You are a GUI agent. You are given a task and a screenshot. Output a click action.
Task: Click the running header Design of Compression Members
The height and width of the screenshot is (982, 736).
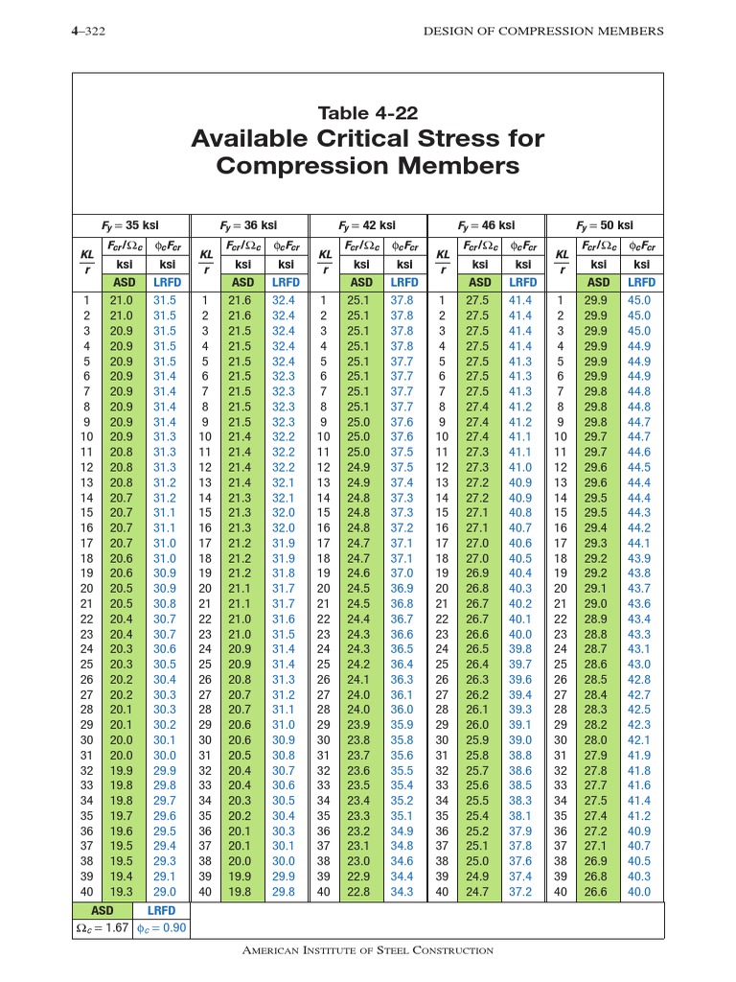coord(543,32)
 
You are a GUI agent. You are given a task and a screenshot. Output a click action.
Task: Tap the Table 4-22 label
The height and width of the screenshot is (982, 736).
coord(368,113)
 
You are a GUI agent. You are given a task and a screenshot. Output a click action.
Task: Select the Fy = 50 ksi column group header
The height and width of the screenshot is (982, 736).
coord(606,225)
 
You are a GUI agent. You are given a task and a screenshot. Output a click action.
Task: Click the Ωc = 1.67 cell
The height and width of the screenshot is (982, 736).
coord(103,929)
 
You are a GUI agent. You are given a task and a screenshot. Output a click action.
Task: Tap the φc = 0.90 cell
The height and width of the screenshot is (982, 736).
coord(160,929)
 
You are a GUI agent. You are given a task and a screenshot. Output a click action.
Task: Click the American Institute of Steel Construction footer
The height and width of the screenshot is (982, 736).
coord(368,950)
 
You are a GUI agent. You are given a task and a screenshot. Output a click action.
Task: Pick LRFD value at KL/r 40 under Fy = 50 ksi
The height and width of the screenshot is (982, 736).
coord(639,892)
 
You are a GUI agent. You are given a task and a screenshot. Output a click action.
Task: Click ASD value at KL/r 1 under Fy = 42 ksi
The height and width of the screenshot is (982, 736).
coord(361,300)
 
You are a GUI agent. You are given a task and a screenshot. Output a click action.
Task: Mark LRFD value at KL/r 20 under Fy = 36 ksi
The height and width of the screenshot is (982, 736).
coord(284,588)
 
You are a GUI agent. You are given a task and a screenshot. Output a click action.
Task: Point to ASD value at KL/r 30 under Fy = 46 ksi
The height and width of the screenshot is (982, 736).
coord(480,740)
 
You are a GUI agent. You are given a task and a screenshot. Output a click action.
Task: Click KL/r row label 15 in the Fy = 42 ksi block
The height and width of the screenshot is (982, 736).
coord(324,513)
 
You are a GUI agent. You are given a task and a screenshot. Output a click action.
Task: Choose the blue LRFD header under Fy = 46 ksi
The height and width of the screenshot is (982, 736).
coord(522,283)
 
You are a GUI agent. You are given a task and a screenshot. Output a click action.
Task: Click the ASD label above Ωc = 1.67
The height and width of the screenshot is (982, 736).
coord(103,910)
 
